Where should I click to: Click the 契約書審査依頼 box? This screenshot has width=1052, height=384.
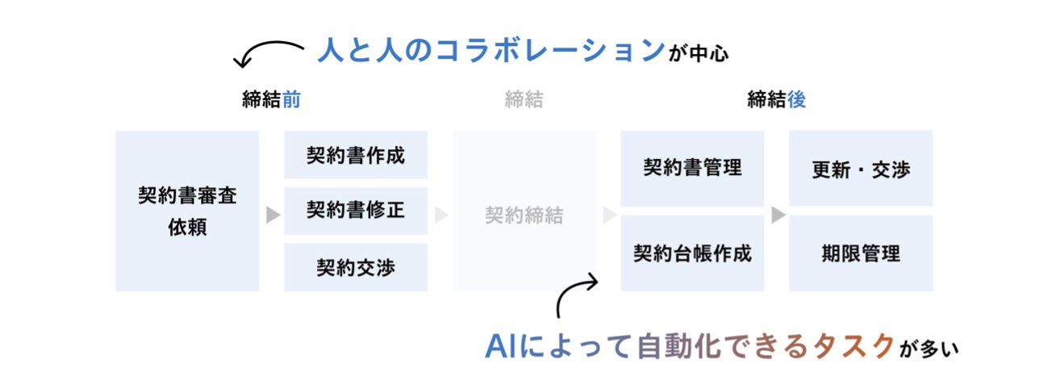[x=187, y=211]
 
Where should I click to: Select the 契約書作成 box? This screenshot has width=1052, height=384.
[x=355, y=155]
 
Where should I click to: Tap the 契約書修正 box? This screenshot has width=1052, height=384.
[x=355, y=211]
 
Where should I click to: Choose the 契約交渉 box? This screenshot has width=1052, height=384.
[x=355, y=267]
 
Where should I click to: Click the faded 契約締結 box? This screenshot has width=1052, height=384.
[x=524, y=215]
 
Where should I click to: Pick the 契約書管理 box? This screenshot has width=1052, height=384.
[x=692, y=168]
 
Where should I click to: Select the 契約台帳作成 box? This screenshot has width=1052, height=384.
[x=692, y=253]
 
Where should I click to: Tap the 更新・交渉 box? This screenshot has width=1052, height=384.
[x=861, y=169]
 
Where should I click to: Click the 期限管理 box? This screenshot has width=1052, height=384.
[x=861, y=253]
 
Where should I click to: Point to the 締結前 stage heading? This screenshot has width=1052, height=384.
[x=271, y=99]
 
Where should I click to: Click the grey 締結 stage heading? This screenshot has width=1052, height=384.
[x=524, y=99]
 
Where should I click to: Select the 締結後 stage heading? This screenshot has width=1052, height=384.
[x=776, y=99]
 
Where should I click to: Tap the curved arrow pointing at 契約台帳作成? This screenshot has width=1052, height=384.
[x=575, y=294]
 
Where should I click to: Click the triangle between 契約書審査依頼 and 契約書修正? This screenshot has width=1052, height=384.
[x=273, y=215]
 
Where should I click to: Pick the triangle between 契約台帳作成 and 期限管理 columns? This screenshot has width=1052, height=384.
[x=778, y=215]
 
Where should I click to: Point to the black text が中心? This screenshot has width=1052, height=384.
[x=699, y=54]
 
